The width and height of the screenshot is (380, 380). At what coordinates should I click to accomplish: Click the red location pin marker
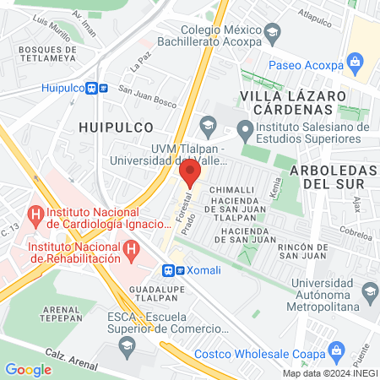click(190, 174)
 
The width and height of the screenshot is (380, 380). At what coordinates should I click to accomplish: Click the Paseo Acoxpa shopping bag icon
click(356, 62)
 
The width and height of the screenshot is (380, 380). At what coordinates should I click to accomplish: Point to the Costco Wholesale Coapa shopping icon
click(337, 350)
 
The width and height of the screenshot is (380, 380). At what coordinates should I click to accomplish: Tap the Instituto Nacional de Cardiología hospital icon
click(35, 215)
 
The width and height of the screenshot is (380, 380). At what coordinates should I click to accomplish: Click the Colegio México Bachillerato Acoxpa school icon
click(272, 35)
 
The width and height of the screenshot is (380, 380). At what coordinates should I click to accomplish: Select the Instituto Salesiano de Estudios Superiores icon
click(245, 130)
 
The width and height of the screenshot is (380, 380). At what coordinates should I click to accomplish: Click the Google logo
click(29, 369)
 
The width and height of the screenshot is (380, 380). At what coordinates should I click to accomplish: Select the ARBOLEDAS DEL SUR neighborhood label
click(332, 175)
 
